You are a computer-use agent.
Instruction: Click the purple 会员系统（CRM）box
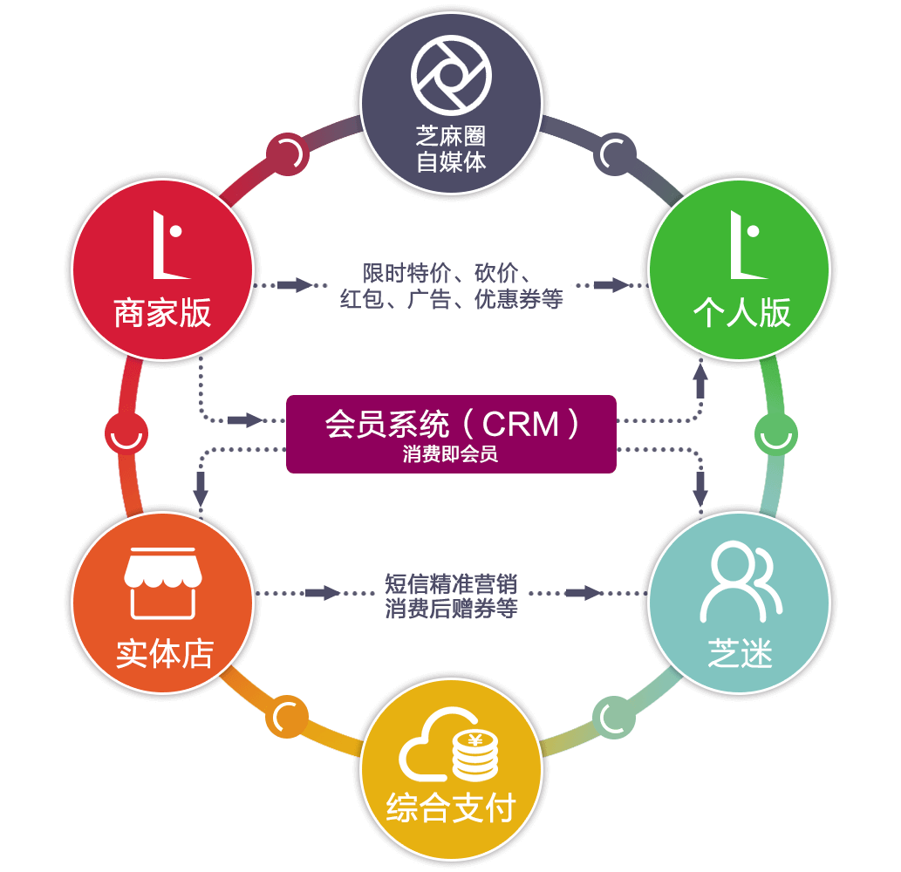pyautogui.click(x=451, y=433)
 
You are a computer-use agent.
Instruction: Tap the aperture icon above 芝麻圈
pyautogui.click(x=451, y=77)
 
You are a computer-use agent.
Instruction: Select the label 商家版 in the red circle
pyautogui.click(x=163, y=313)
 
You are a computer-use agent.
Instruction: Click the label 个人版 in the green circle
pyautogui.click(x=741, y=313)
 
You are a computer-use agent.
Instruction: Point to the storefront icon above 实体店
pyautogui.click(x=163, y=581)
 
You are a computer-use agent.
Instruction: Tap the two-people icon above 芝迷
pyautogui.click(x=740, y=581)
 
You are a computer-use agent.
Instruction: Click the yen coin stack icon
pyautogui.click(x=475, y=755)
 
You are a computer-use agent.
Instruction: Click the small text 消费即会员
pyautogui.click(x=451, y=454)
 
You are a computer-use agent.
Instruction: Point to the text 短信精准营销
pyautogui.click(x=451, y=582)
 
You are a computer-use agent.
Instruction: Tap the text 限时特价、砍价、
pyautogui.click(x=451, y=273)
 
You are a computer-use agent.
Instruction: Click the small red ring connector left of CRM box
pyautogui.click(x=126, y=433)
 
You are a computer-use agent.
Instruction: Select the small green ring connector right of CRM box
pyautogui.click(x=775, y=433)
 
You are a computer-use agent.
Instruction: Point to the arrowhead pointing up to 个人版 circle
pyautogui.click(x=700, y=371)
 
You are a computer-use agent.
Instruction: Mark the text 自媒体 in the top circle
pyautogui.click(x=451, y=161)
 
